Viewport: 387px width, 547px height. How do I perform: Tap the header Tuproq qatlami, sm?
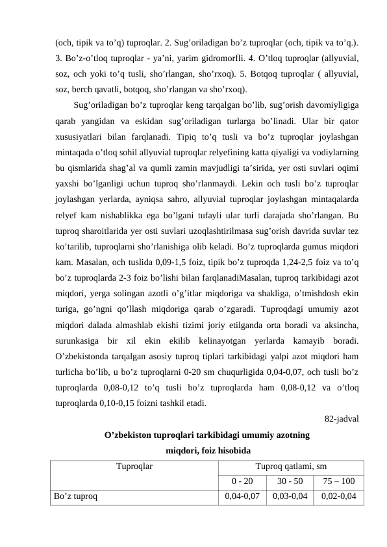click(290, 466)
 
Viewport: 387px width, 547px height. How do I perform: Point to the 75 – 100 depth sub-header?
click(338, 481)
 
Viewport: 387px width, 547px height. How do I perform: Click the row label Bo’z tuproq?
click(76, 497)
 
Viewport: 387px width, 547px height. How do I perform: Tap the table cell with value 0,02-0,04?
click(338, 497)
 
